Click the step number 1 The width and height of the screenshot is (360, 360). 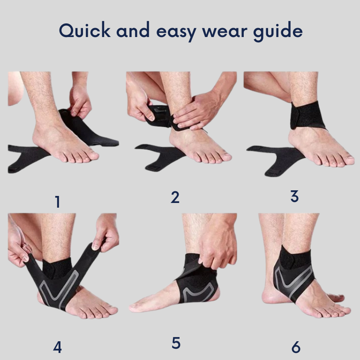[57, 202]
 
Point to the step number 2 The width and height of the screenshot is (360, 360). [175, 197]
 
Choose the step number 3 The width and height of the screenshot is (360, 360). [294, 196]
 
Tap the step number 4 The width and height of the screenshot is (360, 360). [57, 347]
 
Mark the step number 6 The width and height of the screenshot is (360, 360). [296, 347]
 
